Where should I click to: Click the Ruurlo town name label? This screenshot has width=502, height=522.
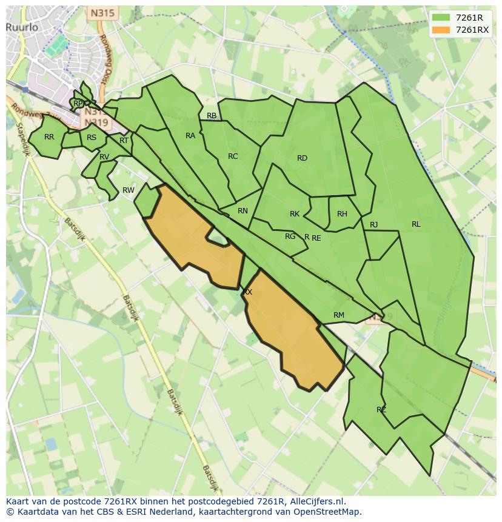point(22,27)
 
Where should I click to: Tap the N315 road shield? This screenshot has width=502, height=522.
point(102,13)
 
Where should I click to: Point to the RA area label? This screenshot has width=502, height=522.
point(190,136)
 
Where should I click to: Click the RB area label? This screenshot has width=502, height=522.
point(212,116)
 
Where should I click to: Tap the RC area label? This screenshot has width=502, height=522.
point(233,156)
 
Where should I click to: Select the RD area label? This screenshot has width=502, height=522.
point(302,158)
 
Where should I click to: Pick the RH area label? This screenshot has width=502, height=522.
point(342,214)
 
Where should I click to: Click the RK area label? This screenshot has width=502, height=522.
point(295,214)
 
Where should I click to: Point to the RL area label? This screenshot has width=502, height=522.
point(416,224)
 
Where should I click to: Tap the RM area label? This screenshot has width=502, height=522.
point(339,315)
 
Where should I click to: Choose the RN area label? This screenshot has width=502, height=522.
point(243,211)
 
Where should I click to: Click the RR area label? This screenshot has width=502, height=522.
point(49,137)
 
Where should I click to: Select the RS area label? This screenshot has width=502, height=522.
point(92,138)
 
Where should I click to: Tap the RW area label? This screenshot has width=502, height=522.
point(129,190)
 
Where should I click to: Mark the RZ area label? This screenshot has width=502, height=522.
point(381,410)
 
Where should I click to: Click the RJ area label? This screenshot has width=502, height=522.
point(374,225)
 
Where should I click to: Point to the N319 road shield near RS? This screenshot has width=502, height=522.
point(97,123)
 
